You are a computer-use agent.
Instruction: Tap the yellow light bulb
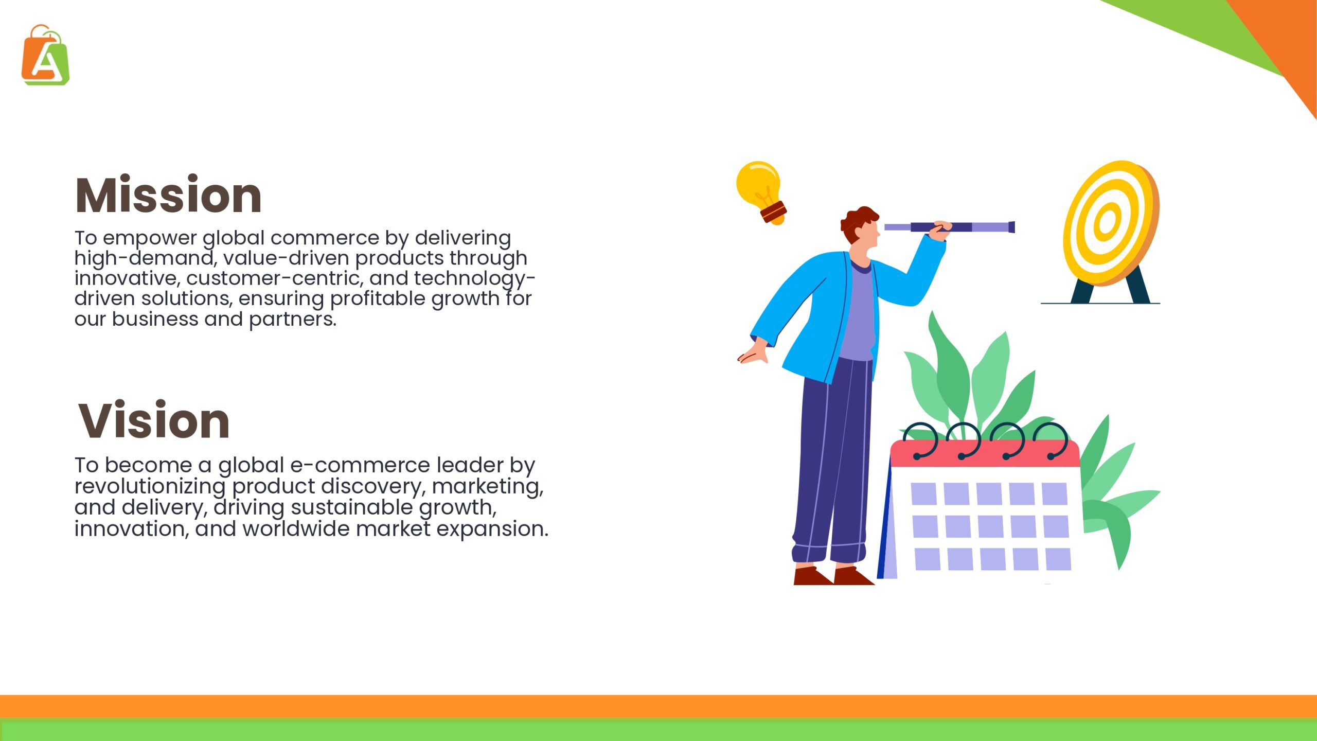761,192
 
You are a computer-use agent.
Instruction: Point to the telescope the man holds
950,227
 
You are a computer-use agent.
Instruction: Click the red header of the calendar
985,453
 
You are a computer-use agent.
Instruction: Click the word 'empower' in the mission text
150,239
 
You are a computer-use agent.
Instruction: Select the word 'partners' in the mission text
292,320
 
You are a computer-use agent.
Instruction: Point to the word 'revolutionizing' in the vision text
150,487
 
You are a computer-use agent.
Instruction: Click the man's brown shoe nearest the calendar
853,576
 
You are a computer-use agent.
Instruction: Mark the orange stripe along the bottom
658,707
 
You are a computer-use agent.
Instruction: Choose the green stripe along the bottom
658,730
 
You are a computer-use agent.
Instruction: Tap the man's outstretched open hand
753,355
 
